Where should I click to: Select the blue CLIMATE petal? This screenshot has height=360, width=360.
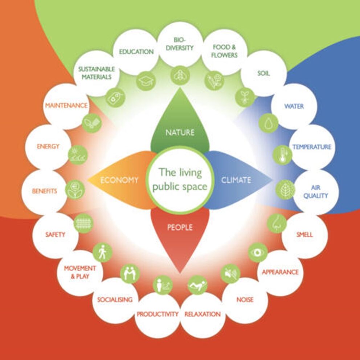[236, 179]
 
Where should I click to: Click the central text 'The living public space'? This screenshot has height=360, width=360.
[180, 179]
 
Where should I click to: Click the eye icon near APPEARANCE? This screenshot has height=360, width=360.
[258, 252]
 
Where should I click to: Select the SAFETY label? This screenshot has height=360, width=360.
[55, 234]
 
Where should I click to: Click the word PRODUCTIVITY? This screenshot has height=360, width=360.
[157, 314]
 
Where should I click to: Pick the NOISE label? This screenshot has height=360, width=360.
[245, 300]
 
